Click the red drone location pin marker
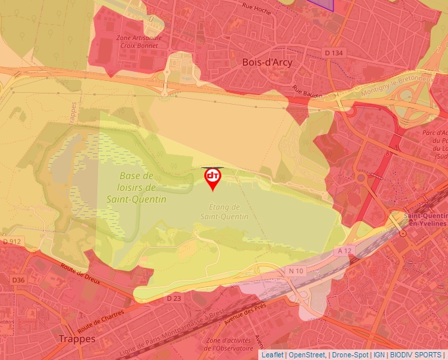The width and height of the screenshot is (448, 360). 212,178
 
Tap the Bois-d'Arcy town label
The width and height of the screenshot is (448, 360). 267,62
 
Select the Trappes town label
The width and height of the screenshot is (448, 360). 77,338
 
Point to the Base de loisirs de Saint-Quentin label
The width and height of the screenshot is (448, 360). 136,188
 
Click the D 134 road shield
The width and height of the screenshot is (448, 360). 334,52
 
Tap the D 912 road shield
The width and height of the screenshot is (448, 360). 13,242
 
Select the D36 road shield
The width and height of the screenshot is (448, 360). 18,280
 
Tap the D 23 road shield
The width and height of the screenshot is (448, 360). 173,298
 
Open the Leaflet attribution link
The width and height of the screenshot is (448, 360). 272,355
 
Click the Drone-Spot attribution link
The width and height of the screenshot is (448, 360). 350,355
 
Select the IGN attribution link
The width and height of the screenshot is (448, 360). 379,355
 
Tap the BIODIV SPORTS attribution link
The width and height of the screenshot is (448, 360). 416,355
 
